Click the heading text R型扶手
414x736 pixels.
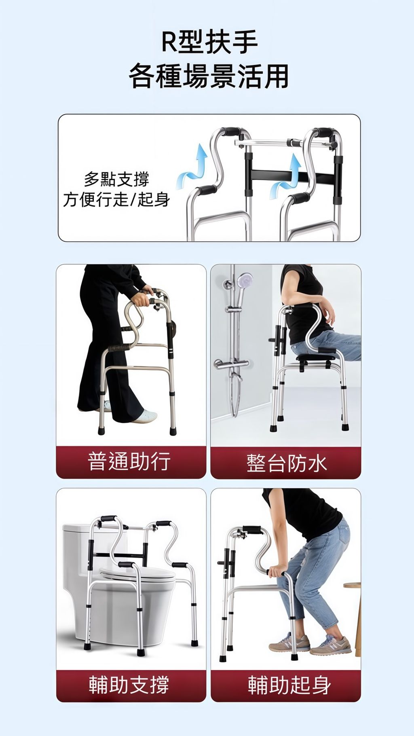coord(209,42)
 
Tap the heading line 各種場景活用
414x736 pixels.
coord(209,76)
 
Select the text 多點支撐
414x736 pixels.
coord(116,179)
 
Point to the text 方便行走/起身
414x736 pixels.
coord(116,199)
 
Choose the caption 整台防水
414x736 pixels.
coord(286,463)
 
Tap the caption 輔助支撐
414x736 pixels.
coord(129,685)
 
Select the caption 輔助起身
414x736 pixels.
coord(289,685)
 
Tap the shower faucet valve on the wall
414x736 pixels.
coord(231,364)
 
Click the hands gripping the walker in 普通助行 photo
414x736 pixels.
coord(142,297)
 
